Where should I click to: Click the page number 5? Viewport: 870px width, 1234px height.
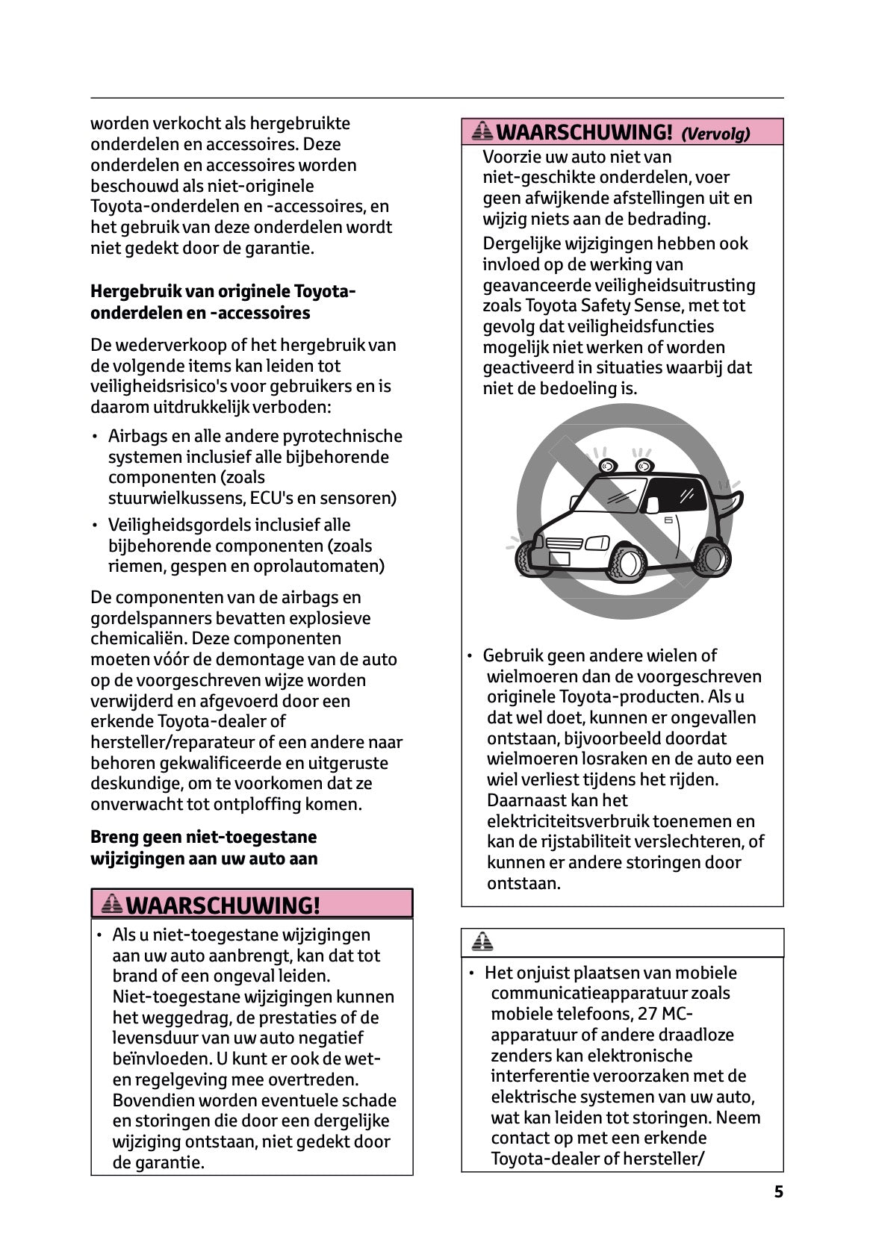click(778, 1192)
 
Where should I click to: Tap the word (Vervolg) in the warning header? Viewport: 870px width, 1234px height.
click(715, 134)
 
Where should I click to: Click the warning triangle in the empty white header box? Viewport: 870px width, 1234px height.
click(482, 942)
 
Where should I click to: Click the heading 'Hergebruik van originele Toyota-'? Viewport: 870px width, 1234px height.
click(223, 291)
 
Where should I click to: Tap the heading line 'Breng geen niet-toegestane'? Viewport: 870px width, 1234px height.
click(203, 837)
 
